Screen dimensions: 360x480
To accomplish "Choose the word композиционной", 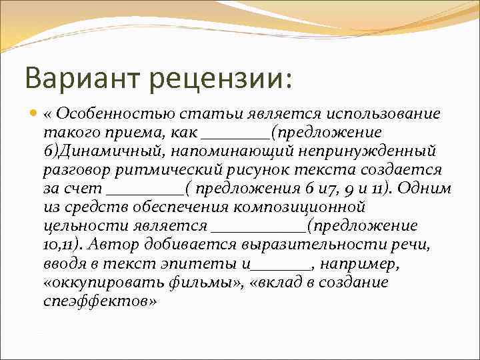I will [x=307, y=207].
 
